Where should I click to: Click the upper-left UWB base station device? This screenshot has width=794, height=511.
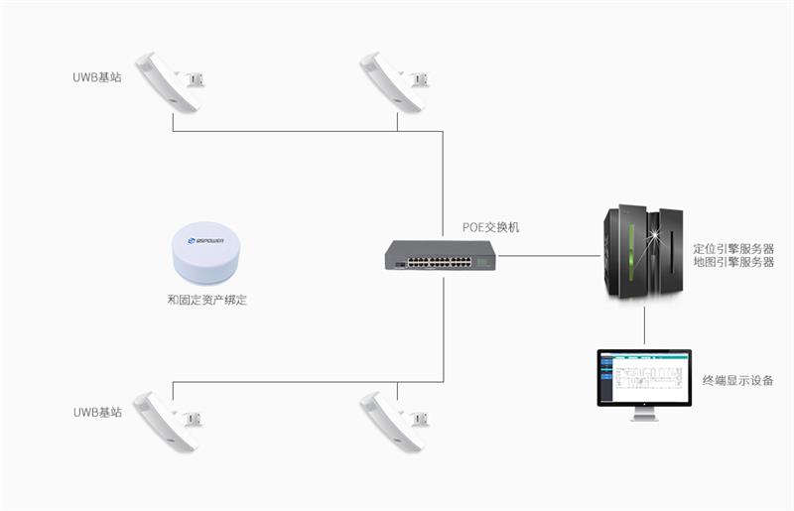click(170, 81)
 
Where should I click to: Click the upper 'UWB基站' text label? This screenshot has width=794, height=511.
click(97, 76)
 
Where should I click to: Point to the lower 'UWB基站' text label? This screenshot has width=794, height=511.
click(97, 411)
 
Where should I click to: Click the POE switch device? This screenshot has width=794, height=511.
click(442, 257)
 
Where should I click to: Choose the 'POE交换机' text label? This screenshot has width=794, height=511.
click(490, 227)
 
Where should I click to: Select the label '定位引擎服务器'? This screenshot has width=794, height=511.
click(732, 247)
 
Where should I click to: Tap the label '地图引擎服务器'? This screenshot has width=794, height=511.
click(732, 262)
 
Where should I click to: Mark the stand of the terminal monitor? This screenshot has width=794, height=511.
click(643, 414)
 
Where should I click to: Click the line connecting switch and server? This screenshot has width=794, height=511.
click(551, 256)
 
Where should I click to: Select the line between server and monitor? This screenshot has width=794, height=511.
click(644, 325)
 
